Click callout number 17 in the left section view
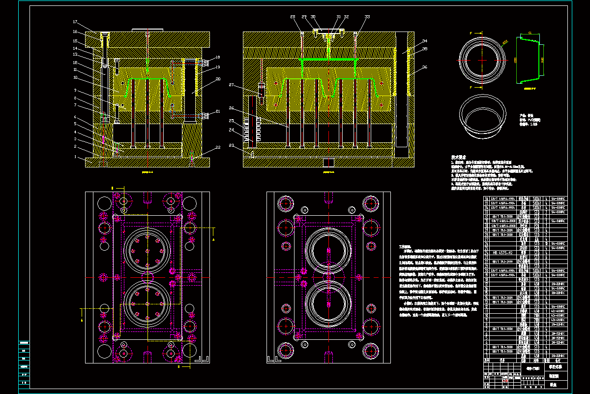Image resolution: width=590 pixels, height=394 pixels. coord(75,22)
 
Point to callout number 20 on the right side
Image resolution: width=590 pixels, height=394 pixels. coord(218,79)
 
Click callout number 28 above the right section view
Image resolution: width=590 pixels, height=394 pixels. coord(293,17)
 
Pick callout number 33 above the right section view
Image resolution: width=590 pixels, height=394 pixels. coord(367,17)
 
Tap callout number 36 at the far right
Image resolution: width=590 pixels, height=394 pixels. coord(424,67)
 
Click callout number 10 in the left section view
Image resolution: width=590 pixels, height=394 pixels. coord(75,77)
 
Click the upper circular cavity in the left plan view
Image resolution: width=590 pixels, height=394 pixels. coord(147,251)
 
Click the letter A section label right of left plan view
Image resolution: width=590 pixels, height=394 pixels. coord(213,239)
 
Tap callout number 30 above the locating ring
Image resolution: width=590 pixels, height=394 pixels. coord(313,17)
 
